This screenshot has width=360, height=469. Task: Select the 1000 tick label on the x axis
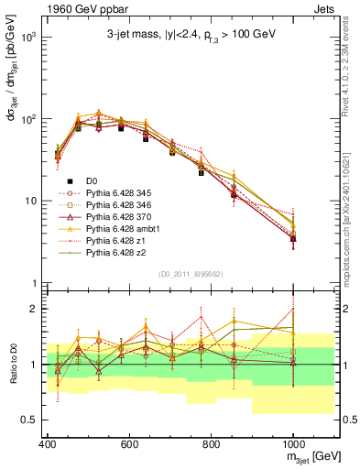(x=292, y=446)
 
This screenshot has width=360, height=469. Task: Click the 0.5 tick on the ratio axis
(x=31, y=420)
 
